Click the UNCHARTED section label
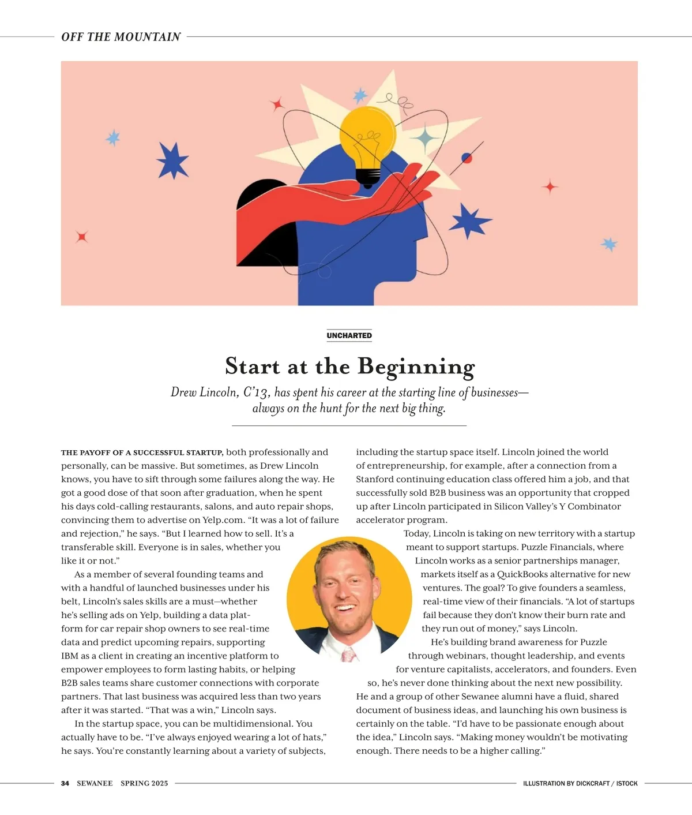(349, 335)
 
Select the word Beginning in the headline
(416, 367)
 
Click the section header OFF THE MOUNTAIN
(121, 37)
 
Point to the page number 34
(65, 783)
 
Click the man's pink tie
(348, 654)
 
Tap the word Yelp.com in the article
(223, 520)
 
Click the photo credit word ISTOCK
(627, 783)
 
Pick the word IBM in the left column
(70, 656)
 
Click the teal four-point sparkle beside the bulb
(426, 139)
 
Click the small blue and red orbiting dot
(467, 158)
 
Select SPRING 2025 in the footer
(144, 783)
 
